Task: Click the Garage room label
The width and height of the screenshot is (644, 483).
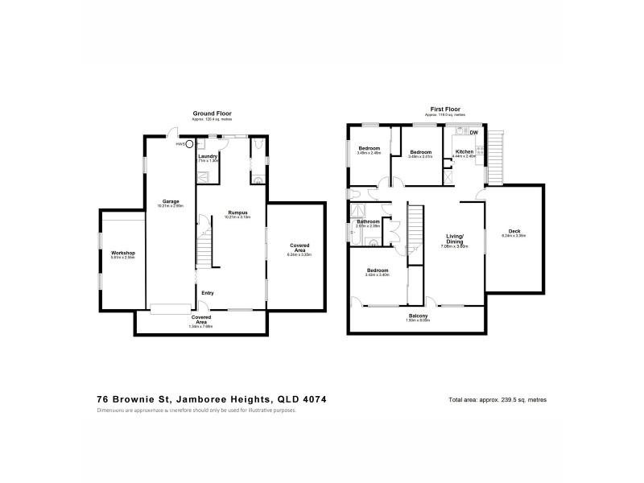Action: (171, 201)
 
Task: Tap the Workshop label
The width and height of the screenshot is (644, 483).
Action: (122, 253)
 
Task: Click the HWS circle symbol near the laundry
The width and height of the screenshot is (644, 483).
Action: (190, 144)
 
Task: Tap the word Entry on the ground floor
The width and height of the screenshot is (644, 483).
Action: (208, 292)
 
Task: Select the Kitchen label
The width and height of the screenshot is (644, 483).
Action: (465, 151)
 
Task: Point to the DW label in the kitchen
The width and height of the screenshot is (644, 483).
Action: (474, 132)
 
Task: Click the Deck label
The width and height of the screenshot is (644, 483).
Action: (514, 231)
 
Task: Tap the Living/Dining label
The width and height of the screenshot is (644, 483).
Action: (457, 239)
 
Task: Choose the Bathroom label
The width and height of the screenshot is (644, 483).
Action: (368, 221)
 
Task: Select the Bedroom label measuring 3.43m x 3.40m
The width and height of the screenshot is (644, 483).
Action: (377, 270)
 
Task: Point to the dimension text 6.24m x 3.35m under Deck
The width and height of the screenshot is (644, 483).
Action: (514, 237)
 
